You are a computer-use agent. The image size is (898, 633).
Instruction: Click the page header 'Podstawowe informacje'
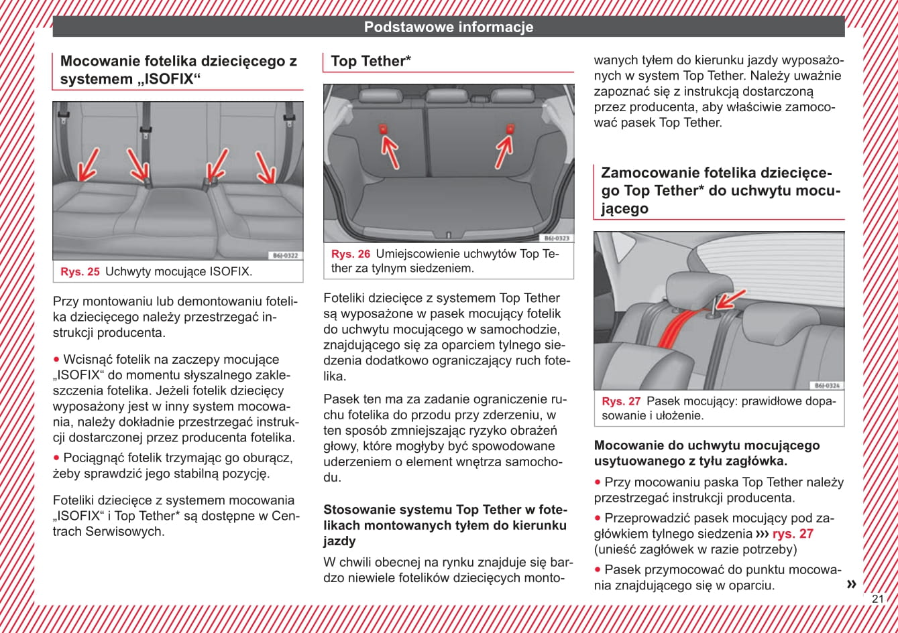(x=449, y=27)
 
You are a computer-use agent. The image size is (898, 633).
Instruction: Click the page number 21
(x=878, y=599)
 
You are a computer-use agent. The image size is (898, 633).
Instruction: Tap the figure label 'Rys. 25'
(x=80, y=272)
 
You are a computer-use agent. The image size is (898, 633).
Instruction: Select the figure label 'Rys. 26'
(x=351, y=255)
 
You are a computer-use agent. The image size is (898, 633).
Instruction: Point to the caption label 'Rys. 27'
(x=621, y=402)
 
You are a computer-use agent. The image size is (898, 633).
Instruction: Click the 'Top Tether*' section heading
(x=371, y=62)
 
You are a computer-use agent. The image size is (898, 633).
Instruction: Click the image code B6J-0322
(x=285, y=256)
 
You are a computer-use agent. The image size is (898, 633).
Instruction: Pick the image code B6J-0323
(x=556, y=238)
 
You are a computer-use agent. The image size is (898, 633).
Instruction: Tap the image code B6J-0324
(x=827, y=386)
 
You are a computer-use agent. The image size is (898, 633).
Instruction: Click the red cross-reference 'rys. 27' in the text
(x=793, y=534)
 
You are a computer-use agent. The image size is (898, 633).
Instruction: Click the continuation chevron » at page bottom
(x=851, y=584)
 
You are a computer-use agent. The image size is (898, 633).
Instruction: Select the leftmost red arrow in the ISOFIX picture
(x=87, y=165)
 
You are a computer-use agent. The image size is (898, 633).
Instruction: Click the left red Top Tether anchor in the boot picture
(x=384, y=129)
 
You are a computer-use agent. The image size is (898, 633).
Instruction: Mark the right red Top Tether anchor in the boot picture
(x=510, y=129)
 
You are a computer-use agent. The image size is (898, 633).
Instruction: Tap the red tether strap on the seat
(x=681, y=328)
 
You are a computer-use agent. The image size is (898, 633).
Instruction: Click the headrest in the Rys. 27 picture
(x=690, y=288)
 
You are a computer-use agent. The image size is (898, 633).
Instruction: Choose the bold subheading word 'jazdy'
(x=339, y=541)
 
